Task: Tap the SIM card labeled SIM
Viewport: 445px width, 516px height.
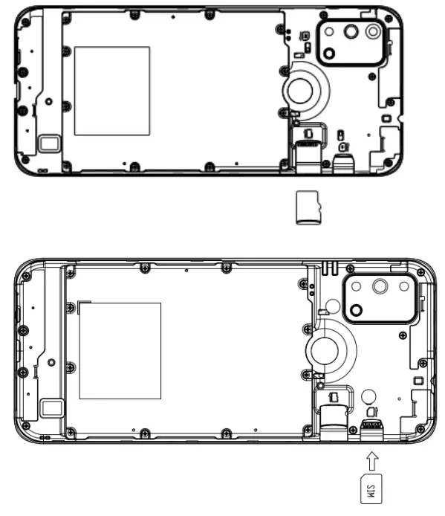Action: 369,490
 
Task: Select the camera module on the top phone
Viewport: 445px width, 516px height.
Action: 351,42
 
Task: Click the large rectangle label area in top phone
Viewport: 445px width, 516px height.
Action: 111,91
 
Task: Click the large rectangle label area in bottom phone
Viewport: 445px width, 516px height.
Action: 120,350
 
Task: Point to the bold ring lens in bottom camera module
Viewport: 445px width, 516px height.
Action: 358,310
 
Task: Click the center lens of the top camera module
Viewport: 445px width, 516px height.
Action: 351,32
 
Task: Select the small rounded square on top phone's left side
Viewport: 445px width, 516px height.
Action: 50,143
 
